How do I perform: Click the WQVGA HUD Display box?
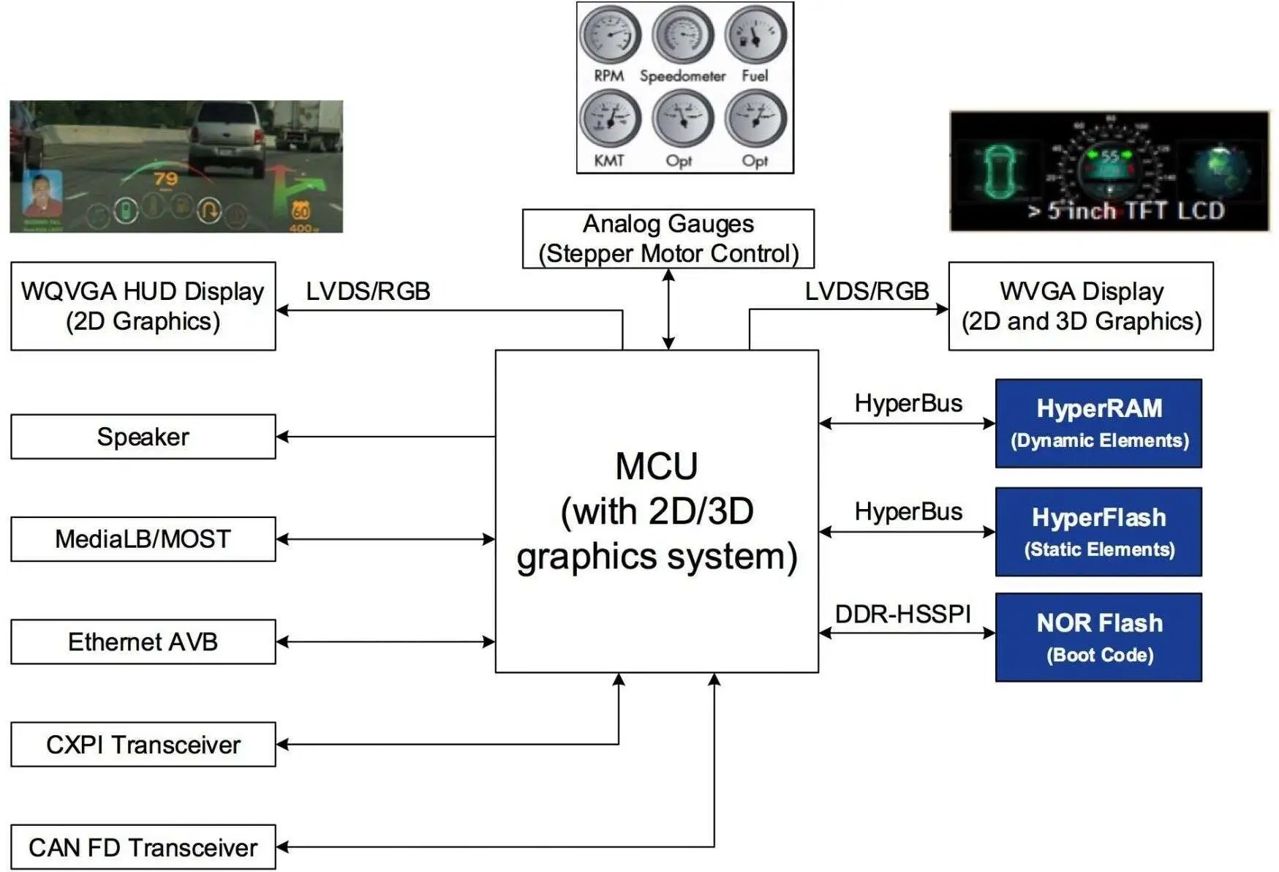point(143,306)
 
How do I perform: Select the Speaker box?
point(143,437)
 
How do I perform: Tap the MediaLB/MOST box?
point(143,539)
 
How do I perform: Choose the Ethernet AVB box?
point(143,642)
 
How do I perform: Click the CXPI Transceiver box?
point(143,744)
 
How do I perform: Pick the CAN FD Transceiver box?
point(143,846)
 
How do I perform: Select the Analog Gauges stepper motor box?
point(668,238)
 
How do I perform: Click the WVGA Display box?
point(1080,306)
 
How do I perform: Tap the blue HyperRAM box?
point(1098,423)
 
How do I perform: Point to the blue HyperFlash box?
point(1098,532)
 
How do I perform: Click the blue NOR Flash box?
point(1098,637)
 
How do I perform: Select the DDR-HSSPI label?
point(902,614)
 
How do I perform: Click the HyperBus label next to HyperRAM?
point(908,403)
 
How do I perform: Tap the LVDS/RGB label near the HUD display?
point(368,291)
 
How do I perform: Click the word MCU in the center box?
point(656,466)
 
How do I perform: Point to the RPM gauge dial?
point(610,34)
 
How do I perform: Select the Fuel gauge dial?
point(755,34)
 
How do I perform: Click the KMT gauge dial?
point(610,119)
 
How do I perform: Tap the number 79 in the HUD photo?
point(166,178)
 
